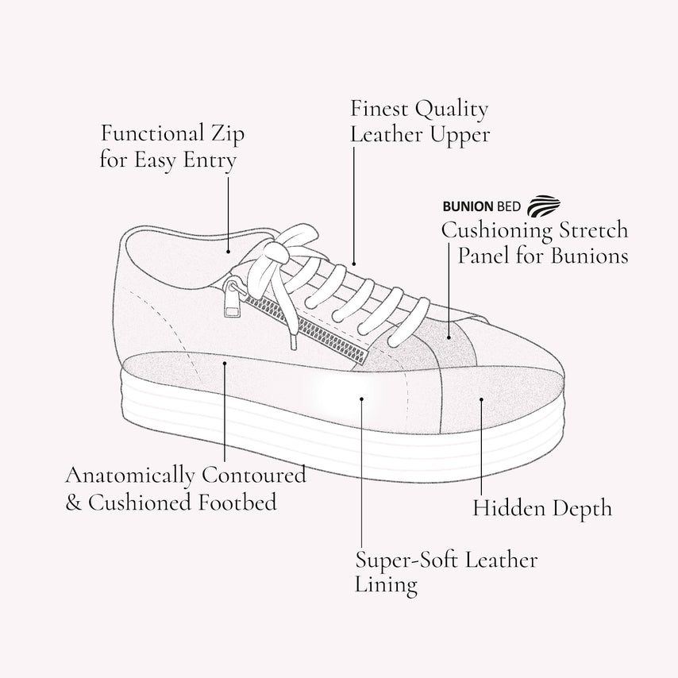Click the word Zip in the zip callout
[x=227, y=134]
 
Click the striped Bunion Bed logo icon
[x=544, y=206]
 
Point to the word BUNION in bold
[x=468, y=206]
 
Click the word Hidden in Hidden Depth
[x=509, y=507]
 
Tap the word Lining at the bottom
[x=386, y=584]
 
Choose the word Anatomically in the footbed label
[x=130, y=476]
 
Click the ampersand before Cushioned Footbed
[x=74, y=503]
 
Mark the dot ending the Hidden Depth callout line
[x=481, y=399]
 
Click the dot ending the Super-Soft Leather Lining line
[x=362, y=399]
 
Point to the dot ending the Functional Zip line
[x=229, y=251]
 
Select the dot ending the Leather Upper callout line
[x=354, y=264]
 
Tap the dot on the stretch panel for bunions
[x=449, y=337]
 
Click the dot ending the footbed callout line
[x=225, y=364]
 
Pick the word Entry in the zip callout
[x=210, y=160]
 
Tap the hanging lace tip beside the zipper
[x=294, y=342]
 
